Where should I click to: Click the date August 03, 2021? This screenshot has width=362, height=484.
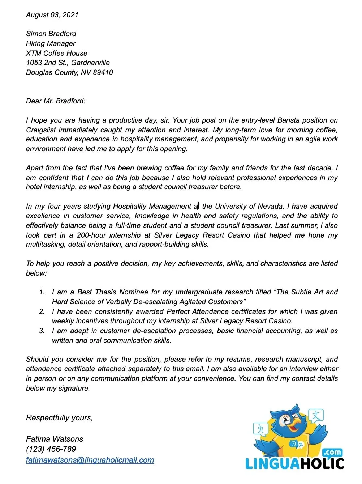coord(52,15)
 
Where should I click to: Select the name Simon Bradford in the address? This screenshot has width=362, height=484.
coord(51,34)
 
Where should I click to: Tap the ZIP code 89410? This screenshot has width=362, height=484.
coord(103,72)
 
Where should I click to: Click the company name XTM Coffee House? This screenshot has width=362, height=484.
coord(56,53)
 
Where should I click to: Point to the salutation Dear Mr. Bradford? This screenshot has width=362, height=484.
coord(56,101)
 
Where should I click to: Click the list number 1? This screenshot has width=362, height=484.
coord(42,292)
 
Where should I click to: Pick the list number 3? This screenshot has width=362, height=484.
coord(42,331)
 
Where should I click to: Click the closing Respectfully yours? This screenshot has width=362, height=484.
coord(59,418)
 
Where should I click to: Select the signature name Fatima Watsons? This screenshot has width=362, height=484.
coord(55,439)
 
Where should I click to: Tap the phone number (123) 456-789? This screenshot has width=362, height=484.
coord(51,449)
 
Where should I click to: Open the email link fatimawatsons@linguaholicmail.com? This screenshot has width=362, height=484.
coord(90,460)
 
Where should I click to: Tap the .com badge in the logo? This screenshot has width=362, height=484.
coord(332,453)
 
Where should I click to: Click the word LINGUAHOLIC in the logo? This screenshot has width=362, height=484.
coord(294,464)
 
